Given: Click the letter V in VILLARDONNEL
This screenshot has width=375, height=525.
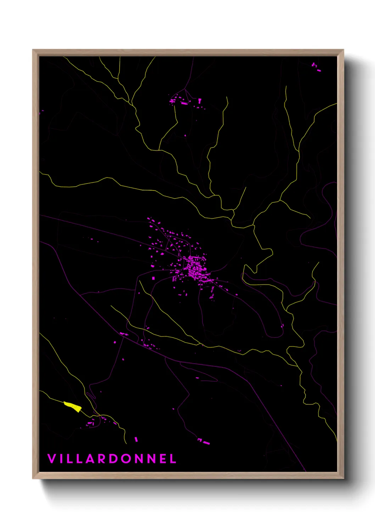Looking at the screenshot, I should point(52,459).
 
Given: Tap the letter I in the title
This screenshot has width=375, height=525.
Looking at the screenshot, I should point(61,459).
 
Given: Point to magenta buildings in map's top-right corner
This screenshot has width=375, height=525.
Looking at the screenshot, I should point(315,67).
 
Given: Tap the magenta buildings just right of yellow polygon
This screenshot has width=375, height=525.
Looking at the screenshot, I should point(91,422).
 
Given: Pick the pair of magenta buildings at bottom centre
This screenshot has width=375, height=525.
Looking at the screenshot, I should point(203,441).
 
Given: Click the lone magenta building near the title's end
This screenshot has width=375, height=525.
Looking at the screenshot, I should point(136,439).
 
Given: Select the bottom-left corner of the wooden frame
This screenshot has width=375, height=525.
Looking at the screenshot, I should point(33,478).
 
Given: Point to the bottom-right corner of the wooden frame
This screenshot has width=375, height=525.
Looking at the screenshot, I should point(343,478).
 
